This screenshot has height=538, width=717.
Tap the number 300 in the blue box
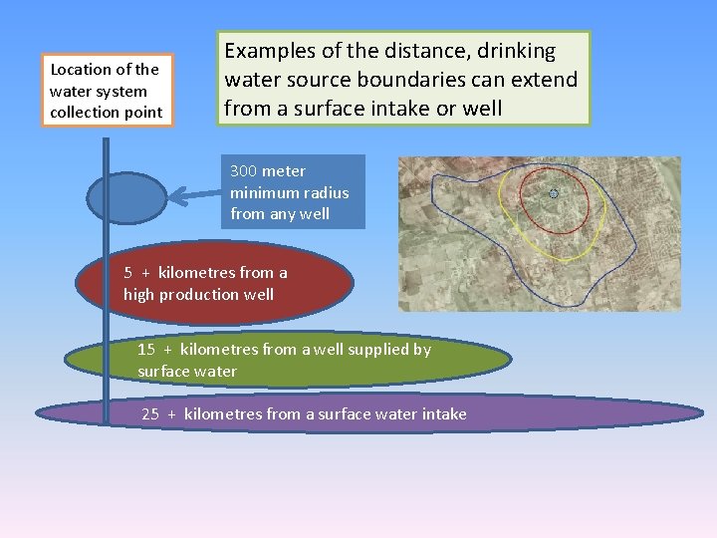tap(243, 170)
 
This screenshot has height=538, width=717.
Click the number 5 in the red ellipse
tap(128, 272)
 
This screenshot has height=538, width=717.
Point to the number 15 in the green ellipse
tap(146, 349)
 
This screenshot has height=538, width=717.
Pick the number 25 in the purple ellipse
tap(150, 413)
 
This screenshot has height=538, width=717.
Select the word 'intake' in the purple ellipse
tap(443, 413)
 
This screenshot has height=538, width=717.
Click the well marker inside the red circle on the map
tap(554, 193)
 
